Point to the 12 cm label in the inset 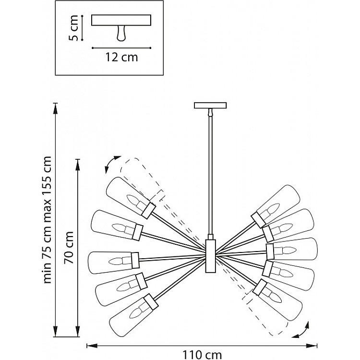[121, 57]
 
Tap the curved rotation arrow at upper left [112, 164]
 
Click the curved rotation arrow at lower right [301, 331]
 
